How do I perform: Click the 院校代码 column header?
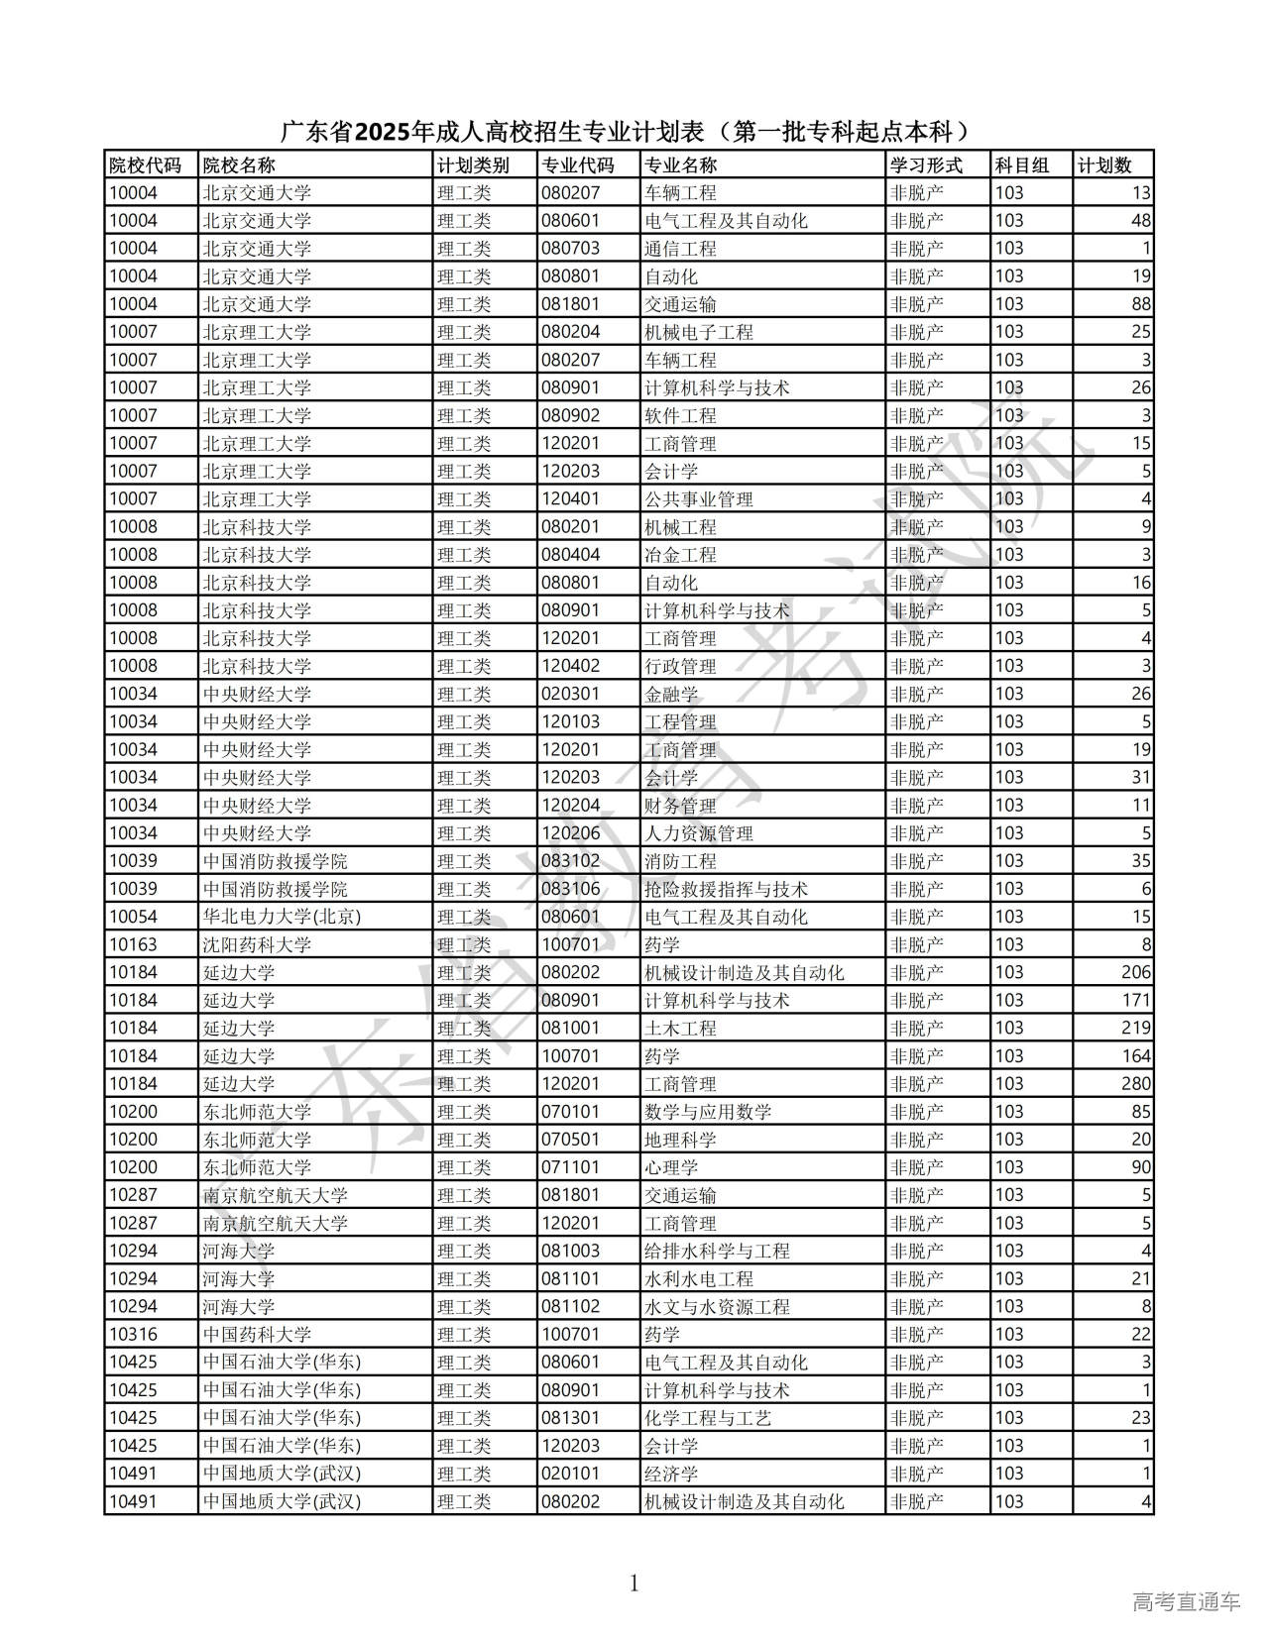[145, 165]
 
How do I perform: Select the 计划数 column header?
[1103, 165]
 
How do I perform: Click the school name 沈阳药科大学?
[257, 944]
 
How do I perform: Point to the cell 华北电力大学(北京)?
[282, 917]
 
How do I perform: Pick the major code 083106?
[570, 889]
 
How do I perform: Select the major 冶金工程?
[680, 555]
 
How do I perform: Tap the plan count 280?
[1136, 1083]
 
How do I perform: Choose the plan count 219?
[1136, 1028]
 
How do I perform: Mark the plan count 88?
[1141, 304]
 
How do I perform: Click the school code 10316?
[133, 1334]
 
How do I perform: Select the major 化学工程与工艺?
[708, 1418]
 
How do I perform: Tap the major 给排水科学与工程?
[717, 1251]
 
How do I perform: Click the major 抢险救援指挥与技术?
[726, 889]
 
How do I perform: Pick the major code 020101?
[570, 1474]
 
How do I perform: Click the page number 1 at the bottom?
[634, 1584]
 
